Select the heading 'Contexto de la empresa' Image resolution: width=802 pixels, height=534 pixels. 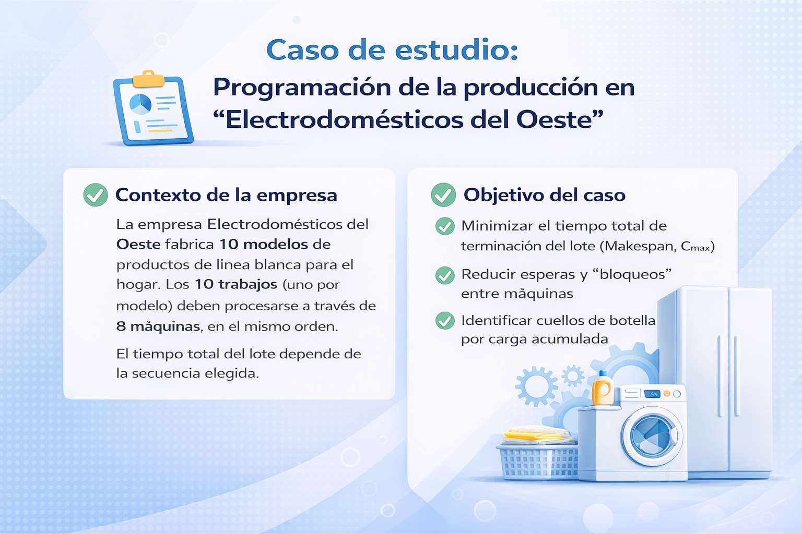[x=226, y=195]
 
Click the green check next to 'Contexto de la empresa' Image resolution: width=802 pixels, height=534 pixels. [x=96, y=195]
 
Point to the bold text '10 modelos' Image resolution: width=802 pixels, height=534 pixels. [x=264, y=244]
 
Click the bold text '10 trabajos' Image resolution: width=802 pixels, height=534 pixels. [x=236, y=284]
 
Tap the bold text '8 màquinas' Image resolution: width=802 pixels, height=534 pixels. [x=158, y=326]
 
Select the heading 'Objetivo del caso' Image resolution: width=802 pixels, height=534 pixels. [x=544, y=195]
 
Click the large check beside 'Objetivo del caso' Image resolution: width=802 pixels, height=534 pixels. [x=443, y=195]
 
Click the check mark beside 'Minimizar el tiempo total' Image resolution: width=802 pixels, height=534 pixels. [x=445, y=226]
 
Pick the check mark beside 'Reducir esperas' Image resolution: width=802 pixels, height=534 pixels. [x=445, y=275]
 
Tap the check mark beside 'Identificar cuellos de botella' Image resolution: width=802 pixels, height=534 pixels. [x=445, y=320]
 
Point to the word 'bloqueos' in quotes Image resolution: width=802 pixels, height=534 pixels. [x=632, y=274]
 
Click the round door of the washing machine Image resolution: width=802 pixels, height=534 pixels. [x=651, y=435]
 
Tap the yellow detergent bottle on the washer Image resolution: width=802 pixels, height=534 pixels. [x=603, y=388]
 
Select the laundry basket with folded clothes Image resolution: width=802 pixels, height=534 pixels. [x=538, y=454]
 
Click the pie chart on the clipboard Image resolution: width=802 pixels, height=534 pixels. [x=140, y=104]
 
